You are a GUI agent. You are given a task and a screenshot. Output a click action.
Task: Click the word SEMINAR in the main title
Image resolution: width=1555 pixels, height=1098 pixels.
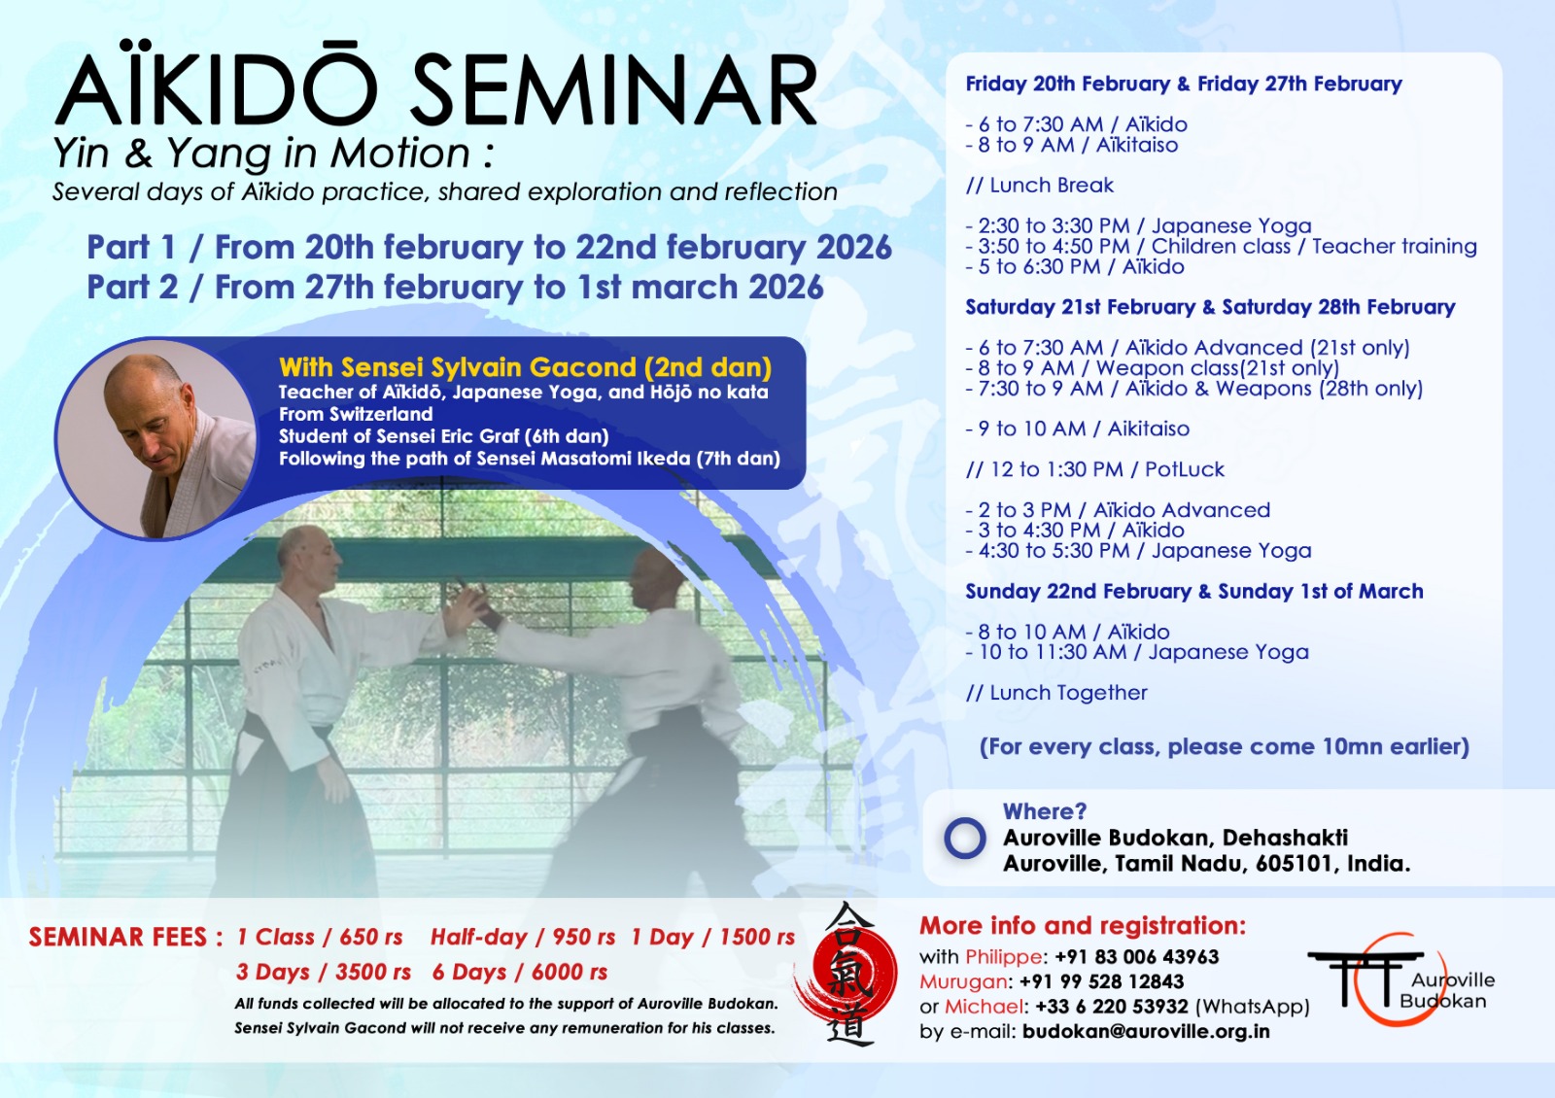pyautogui.click(x=613, y=91)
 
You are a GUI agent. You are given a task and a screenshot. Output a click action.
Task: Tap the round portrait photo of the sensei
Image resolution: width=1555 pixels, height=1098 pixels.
pyautogui.click(x=156, y=438)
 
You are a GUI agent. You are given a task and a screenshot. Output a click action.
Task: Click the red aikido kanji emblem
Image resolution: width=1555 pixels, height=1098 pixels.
pyautogui.click(x=847, y=974)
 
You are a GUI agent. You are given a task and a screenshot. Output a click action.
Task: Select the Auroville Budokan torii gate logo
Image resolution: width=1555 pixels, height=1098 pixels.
pyautogui.click(x=1400, y=979)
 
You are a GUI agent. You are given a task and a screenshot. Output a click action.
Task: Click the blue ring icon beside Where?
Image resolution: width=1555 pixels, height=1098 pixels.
pyautogui.click(x=965, y=838)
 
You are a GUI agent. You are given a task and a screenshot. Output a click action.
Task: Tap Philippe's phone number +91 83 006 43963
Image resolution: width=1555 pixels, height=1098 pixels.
pyautogui.click(x=1136, y=956)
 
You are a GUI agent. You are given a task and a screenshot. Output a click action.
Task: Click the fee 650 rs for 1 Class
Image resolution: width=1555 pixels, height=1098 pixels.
pyautogui.click(x=371, y=937)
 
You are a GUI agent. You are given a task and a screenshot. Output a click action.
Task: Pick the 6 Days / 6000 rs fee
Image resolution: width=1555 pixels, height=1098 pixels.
pyautogui.click(x=520, y=972)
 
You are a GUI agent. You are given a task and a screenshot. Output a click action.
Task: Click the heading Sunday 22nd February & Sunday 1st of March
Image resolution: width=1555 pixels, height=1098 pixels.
pyautogui.click(x=1194, y=592)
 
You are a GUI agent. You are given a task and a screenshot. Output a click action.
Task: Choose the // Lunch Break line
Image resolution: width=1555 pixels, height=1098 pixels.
pyautogui.click(x=1039, y=186)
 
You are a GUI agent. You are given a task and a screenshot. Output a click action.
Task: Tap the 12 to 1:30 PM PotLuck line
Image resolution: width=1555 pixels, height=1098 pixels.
pyautogui.click(x=1094, y=470)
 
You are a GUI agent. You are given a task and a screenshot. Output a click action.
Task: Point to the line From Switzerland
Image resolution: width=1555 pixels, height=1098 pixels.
pyautogui.click(x=356, y=414)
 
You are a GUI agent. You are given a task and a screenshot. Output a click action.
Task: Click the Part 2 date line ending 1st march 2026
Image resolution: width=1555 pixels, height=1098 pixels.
pyautogui.click(x=456, y=288)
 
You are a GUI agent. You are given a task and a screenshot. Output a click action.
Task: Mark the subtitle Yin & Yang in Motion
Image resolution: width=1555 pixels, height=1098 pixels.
pyautogui.click(x=273, y=154)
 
